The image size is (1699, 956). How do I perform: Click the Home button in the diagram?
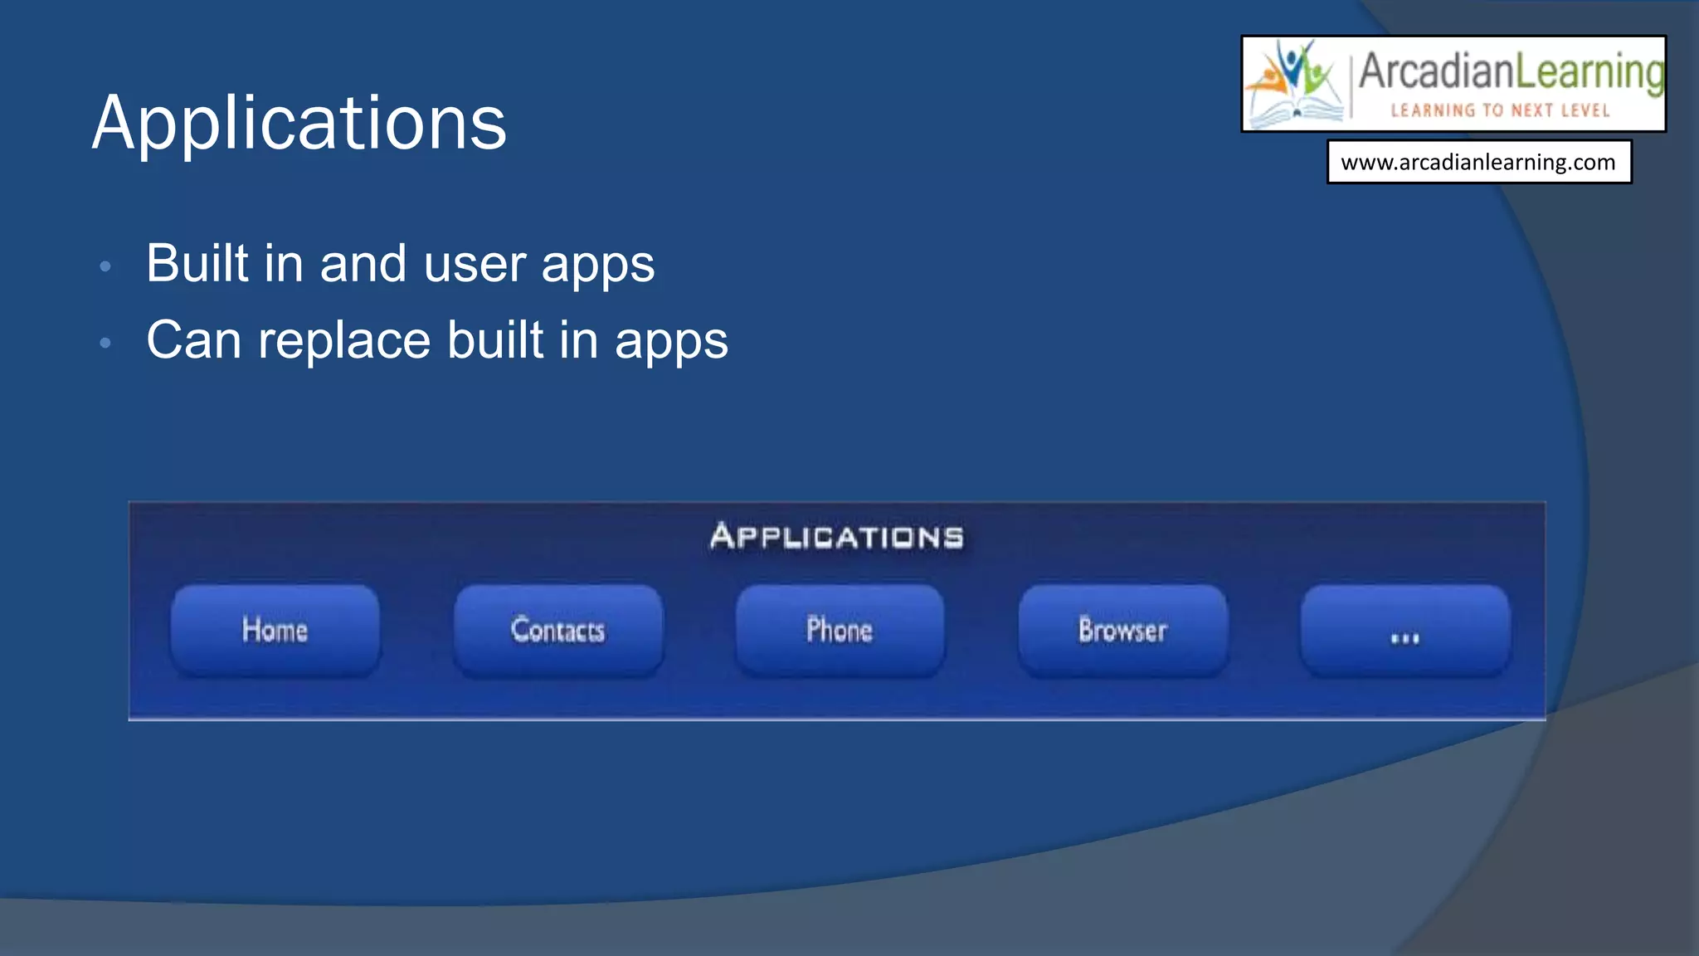275,630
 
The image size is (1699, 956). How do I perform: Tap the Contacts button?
558,630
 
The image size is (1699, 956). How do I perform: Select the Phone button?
840,630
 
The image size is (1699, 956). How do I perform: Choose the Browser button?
1122,630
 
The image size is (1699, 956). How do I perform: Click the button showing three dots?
1404,632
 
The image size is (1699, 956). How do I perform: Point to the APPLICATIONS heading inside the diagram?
837,537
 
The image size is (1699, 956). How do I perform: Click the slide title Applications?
299,123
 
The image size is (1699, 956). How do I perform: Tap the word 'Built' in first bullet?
197,264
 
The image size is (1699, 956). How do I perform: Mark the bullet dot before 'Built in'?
105,266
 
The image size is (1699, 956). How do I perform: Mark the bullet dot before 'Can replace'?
105,343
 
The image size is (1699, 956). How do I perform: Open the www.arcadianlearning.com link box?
1478,162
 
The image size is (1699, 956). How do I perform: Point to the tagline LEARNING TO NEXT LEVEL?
1500,110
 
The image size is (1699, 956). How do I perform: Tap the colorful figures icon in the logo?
1296,83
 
